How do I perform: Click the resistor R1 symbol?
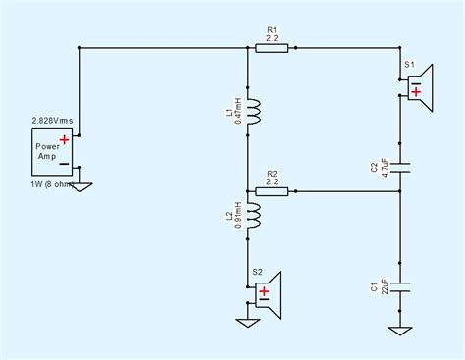pos(272,46)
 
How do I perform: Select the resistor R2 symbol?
pos(272,190)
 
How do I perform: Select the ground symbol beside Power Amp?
pos(83,185)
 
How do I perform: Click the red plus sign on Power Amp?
pos(64,141)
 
